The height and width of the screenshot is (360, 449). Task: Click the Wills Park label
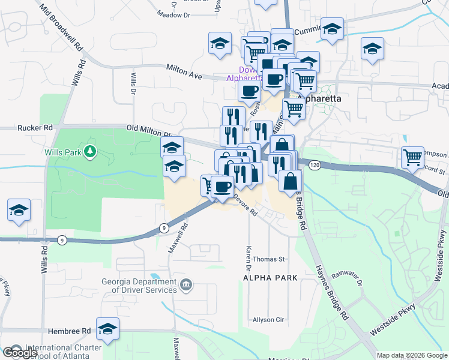pos(62,152)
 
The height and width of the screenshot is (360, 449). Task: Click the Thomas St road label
pos(268,259)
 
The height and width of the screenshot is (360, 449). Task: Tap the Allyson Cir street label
pos(268,320)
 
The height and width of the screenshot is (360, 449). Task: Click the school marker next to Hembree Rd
pos(108,329)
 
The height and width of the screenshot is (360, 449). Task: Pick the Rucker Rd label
pos(35,128)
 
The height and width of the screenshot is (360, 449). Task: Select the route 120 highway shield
pos(314,164)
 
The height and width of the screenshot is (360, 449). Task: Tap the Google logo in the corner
pos(20,353)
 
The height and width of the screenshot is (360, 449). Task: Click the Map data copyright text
pos(412,355)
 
